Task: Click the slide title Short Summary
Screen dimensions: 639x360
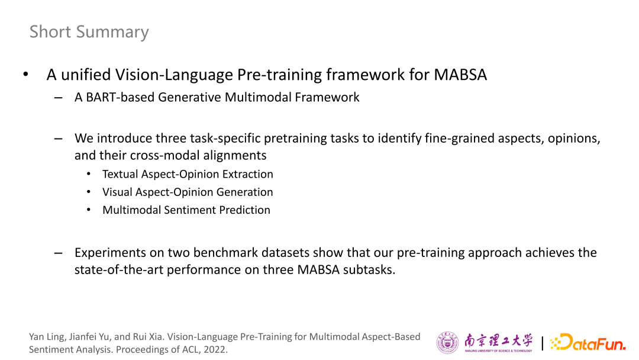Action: click(89, 32)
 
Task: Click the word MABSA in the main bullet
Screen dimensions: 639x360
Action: click(460, 75)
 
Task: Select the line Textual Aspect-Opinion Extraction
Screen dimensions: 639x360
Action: click(188, 174)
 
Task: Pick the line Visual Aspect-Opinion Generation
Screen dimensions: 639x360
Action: click(188, 192)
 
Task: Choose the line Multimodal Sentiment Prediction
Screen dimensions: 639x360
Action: click(186, 210)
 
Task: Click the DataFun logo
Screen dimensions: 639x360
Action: click(588, 342)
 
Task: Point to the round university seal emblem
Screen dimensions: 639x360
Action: click(447, 342)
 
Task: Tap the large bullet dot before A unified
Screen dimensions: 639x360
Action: click(25, 74)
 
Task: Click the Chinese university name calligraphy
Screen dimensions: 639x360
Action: click(498, 342)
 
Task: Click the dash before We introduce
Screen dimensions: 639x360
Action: click(58, 139)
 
